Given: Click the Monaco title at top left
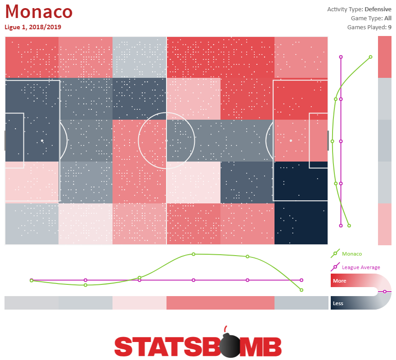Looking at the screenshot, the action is tap(39, 12).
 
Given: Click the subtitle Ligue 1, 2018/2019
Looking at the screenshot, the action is tap(33, 27).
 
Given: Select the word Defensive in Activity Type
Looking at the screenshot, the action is tap(378, 9).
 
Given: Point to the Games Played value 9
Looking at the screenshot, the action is tap(390, 27).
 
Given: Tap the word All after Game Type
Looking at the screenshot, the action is tap(388, 18).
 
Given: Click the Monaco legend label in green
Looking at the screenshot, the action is tap(352, 254).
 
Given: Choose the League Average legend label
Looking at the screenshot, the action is tap(361, 267).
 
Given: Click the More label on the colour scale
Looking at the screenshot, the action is tap(339, 281).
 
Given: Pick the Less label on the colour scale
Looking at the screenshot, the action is tap(338, 303).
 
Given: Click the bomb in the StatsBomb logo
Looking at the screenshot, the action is tap(229, 344).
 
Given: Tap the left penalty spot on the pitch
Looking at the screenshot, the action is tap(42, 141).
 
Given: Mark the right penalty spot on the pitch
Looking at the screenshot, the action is tap(291, 141).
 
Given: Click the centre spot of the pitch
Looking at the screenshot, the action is tap(166, 141).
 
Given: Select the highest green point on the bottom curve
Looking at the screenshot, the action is tap(193, 254).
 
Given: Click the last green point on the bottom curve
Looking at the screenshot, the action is tap(301, 290).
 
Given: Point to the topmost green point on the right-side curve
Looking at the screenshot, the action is tap(370, 57).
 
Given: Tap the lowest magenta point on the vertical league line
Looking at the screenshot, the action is tap(341, 225).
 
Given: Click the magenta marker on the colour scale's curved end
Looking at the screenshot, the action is tap(385, 292).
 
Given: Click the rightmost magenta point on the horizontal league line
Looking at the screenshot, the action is tap(301, 280).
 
